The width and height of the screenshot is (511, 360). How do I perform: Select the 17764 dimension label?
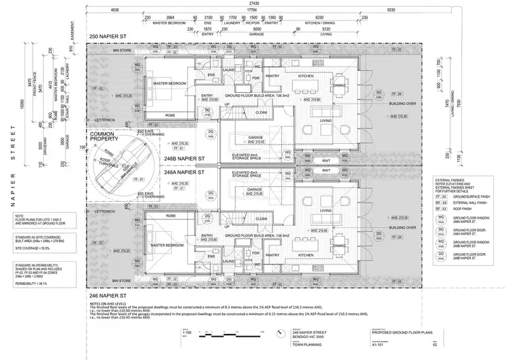[253, 11]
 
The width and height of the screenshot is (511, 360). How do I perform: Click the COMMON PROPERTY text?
[106, 136]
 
